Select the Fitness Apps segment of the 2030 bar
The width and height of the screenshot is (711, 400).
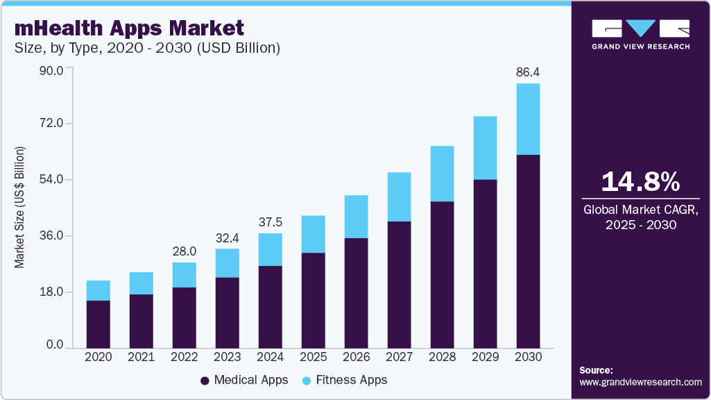(x=528, y=119)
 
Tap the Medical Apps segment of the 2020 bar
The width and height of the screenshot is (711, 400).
(x=98, y=324)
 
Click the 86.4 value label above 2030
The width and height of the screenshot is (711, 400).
(x=528, y=71)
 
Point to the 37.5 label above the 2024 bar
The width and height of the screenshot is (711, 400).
(x=270, y=222)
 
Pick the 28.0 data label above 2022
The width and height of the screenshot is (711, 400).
(x=185, y=251)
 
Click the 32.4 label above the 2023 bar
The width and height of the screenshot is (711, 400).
(x=227, y=237)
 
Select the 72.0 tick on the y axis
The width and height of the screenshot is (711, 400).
(x=51, y=124)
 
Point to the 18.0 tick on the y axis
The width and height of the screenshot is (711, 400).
(x=51, y=292)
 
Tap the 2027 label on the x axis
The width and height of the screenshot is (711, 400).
(x=399, y=357)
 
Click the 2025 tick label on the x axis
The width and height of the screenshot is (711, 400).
(x=313, y=357)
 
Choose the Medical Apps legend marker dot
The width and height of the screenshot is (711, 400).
(x=205, y=381)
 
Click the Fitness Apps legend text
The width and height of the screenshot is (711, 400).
(x=351, y=381)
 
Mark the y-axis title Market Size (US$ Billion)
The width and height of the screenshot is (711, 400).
(x=20, y=208)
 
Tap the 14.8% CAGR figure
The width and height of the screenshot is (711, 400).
(x=640, y=182)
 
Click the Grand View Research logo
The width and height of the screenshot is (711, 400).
(x=640, y=34)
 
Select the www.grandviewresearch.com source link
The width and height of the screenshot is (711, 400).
(x=640, y=382)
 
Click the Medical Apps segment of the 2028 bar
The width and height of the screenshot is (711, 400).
(x=442, y=275)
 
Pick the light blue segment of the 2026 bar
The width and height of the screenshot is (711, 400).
(x=356, y=217)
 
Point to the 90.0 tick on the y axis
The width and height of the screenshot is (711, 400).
(x=51, y=70)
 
